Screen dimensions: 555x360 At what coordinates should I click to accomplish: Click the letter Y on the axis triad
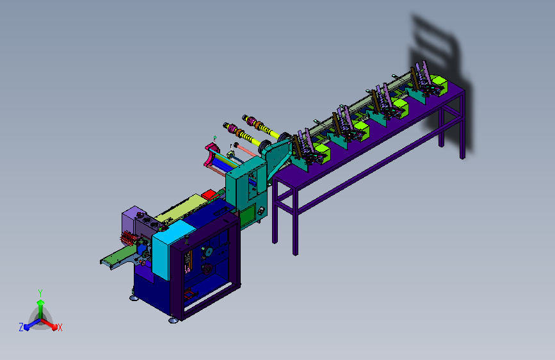coord(40,293)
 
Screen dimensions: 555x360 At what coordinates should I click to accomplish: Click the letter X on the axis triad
coord(60,327)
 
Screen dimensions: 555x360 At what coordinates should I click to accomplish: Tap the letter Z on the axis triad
coord(21,327)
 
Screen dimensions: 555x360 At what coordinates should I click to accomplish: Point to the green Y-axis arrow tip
coord(40,302)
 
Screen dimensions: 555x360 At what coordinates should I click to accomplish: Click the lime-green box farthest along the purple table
coord(438,85)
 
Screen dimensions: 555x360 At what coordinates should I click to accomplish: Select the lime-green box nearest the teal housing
coord(322,152)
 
